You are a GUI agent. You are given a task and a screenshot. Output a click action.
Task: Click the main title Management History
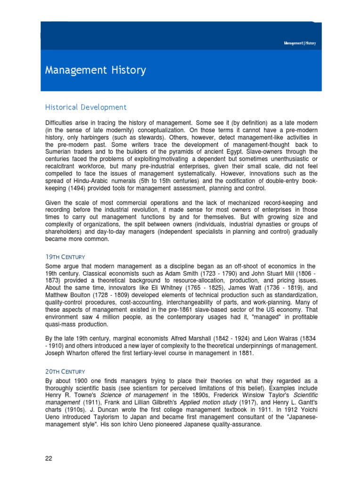coord(95,71)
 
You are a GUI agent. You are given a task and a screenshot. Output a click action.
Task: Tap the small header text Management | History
coord(300,43)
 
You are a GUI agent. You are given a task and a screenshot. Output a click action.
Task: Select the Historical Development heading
coord(86,108)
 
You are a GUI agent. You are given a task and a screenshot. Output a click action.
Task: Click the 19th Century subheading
coord(65,257)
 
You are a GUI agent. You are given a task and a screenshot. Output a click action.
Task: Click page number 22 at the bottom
coord(49,458)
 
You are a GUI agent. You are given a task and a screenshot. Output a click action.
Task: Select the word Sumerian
coord(60,152)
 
